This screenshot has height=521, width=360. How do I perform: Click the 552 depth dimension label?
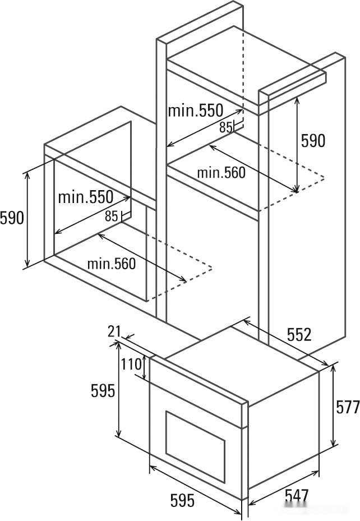[299, 335]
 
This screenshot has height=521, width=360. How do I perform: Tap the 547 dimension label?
[296, 496]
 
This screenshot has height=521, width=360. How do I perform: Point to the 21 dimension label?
[114, 331]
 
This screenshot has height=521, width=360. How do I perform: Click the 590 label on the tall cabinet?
[313, 141]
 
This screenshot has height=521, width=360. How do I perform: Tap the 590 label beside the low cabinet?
[12, 217]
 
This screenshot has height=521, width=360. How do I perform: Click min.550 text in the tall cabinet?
[196, 110]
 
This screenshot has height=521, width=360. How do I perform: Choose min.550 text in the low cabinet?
[85, 197]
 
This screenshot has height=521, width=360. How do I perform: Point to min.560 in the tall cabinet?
[221, 173]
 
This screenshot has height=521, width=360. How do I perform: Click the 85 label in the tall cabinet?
[226, 128]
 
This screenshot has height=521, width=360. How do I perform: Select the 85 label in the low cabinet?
[112, 216]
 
